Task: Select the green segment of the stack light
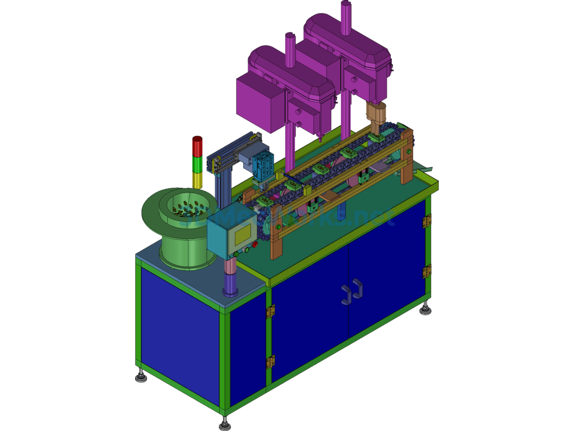197,164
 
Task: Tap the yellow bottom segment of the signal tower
197,180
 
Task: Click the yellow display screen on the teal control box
242,232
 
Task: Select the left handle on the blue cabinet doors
346,294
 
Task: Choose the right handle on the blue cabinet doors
357,288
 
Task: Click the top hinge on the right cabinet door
427,221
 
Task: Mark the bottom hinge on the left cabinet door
271,361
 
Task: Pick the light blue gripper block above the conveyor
263,166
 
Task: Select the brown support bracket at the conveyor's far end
408,157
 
